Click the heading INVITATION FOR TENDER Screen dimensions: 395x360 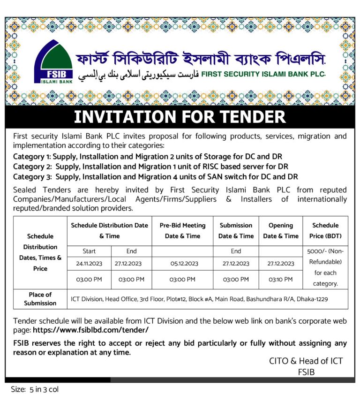click(x=180, y=117)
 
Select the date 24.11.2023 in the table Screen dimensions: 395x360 click(x=89, y=264)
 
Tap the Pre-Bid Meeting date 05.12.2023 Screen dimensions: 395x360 click(x=182, y=264)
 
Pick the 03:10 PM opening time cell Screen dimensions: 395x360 click(x=281, y=280)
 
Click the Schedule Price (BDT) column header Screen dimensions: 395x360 click(x=325, y=230)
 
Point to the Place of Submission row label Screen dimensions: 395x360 click(x=40, y=299)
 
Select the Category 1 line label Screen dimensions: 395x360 click(x=31, y=156)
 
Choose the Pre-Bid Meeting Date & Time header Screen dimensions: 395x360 click(x=182, y=230)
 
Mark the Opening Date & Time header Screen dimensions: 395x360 click(x=281, y=230)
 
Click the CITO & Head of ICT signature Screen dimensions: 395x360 click(x=306, y=361)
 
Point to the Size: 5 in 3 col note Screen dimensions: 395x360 click(x=35, y=389)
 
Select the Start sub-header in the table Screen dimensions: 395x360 click(x=89, y=251)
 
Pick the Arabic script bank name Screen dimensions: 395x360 click(x=138, y=75)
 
